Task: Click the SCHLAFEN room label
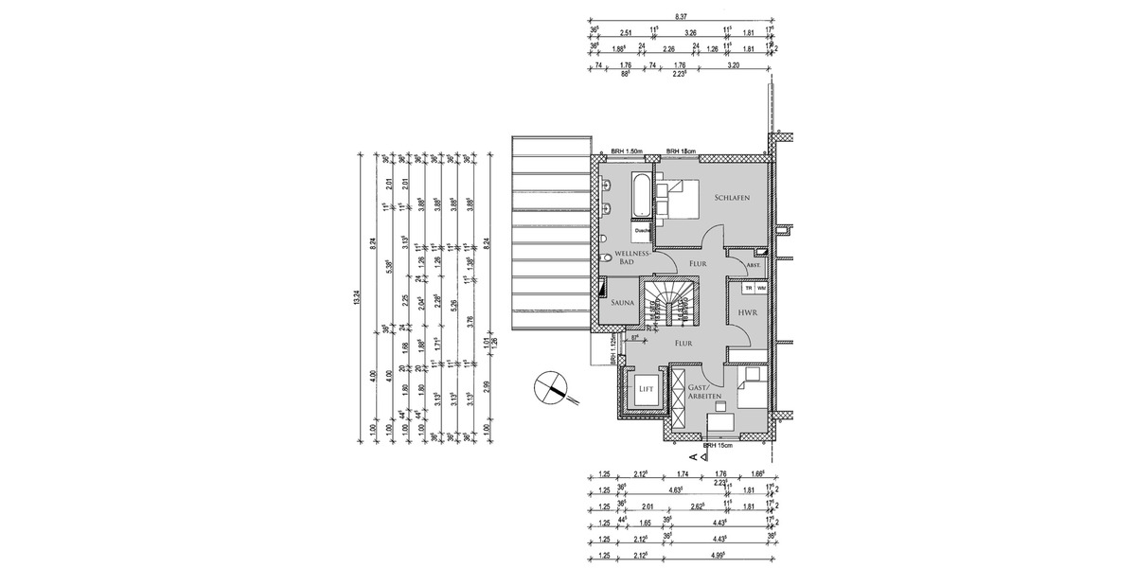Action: [733, 198]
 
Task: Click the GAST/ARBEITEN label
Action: [705, 394]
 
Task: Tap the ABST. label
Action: [739, 268]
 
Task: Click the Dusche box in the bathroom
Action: [642, 229]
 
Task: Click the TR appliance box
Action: [748, 287]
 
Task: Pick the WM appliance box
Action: [761, 287]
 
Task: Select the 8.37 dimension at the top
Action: [681, 17]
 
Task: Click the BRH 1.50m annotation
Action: [627, 151]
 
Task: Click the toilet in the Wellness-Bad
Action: [604, 257]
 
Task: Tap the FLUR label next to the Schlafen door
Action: [697, 264]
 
